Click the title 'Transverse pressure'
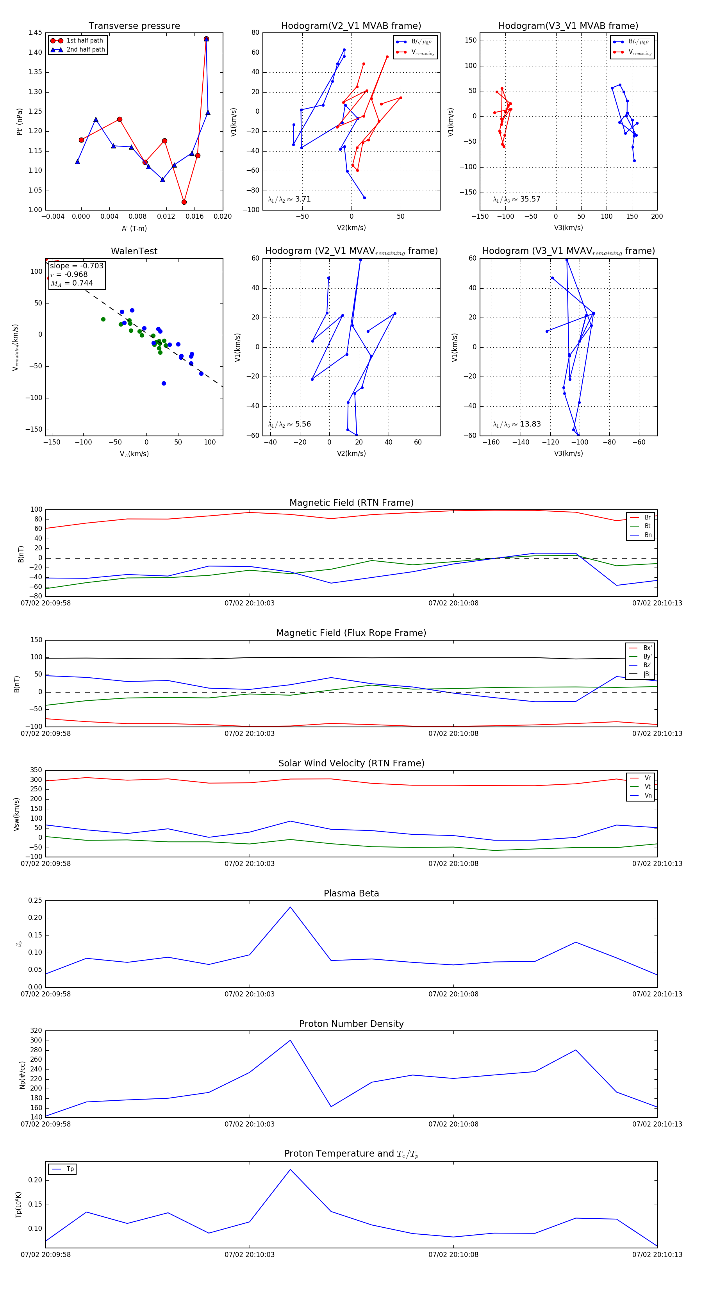(x=134, y=26)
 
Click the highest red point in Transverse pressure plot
(x=206, y=39)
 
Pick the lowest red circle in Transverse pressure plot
(x=184, y=202)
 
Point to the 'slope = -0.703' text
(x=77, y=266)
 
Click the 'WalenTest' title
(x=134, y=251)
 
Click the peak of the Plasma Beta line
(x=290, y=907)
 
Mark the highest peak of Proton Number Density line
(x=290, y=1040)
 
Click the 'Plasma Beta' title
(x=351, y=893)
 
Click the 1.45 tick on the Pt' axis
(x=35, y=32)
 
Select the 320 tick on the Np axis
(x=36, y=1031)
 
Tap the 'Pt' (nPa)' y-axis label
(x=20, y=121)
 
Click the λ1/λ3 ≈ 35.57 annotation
(x=516, y=199)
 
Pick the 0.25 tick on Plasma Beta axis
(x=35, y=901)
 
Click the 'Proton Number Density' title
(x=351, y=1024)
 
